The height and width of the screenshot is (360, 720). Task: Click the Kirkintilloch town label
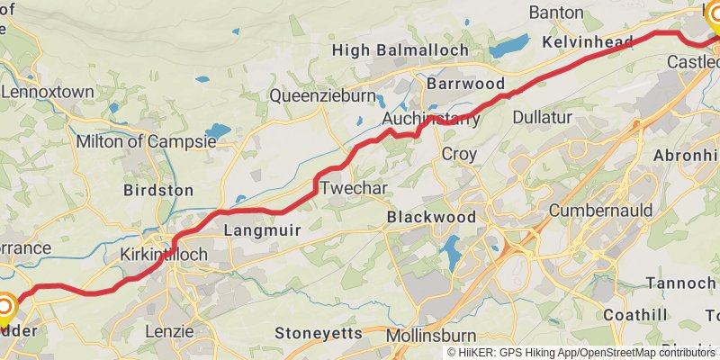[164, 255]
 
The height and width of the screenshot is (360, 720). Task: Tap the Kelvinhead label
[588, 42]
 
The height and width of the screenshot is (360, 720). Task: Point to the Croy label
[458, 154]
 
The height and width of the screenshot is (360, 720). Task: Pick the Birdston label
[157, 190]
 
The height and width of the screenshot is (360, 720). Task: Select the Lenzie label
[169, 331]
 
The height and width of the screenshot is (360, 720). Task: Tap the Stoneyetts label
[318, 333]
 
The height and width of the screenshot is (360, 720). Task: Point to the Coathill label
[635, 314]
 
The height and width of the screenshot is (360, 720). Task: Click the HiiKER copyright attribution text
[580, 353]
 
